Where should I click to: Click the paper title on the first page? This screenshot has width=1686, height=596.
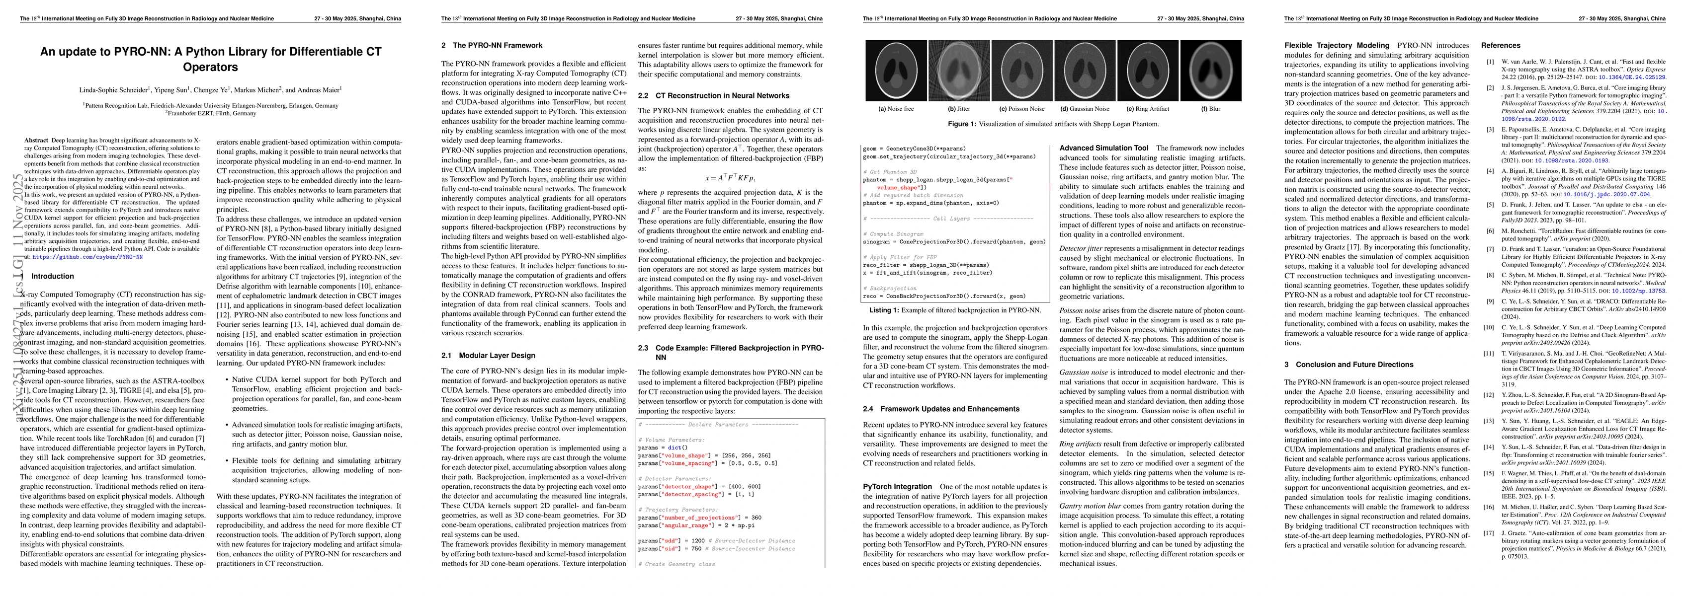tap(210, 59)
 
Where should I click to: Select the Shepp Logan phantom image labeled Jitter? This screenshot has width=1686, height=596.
tap(959, 71)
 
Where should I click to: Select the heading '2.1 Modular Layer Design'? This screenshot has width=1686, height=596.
tap(488, 355)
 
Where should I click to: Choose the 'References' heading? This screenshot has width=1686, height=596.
tap(1501, 46)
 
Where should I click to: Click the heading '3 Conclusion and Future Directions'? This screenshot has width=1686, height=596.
tap(1349, 365)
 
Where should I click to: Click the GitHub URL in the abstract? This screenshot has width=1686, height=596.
tap(87, 258)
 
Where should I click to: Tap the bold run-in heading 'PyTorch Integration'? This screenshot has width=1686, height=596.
tap(897, 487)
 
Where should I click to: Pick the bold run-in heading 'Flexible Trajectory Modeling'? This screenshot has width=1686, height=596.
tap(1337, 46)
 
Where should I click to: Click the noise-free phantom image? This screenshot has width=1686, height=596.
tap(896, 71)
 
